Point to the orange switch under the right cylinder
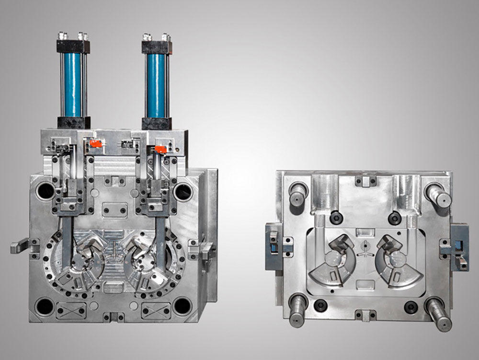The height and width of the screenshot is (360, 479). pyautogui.click(x=160, y=150)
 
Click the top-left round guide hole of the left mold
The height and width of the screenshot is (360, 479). pyautogui.click(x=46, y=191)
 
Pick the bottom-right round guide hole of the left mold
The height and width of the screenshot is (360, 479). pyautogui.click(x=182, y=305)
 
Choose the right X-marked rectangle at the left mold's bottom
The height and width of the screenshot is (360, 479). pyautogui.click(x=156, y=310)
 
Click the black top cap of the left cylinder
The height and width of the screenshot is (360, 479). pyautogui.click(x=73, y=46)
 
